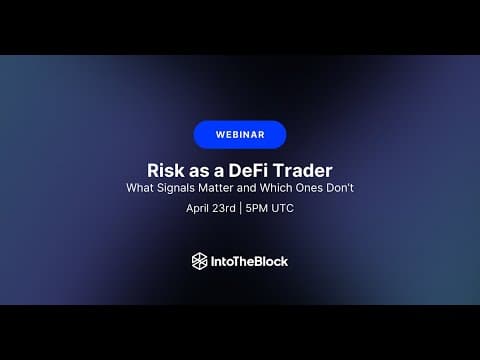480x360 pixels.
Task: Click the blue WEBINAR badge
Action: click(240, 135)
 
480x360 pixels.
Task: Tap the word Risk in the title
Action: click(166, 170)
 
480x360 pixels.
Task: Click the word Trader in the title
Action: click(303, 170)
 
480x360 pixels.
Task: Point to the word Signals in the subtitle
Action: click(176, 188)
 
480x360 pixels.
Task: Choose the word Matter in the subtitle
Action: click(216, 188)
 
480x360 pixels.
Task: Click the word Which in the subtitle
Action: click(275, 188)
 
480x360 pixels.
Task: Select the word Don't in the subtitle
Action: click(340, 188)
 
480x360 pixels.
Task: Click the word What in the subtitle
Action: click(140, 188)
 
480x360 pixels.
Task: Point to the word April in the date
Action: click(197, 209)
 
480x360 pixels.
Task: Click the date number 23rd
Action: click(224, 208)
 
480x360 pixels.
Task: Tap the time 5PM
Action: click(257, 208)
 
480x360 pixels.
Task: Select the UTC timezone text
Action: click(283, 208)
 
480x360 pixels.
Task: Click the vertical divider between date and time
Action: click(241, 208)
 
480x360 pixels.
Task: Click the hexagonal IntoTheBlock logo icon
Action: click(200, 261)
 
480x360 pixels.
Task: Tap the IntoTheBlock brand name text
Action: click(249, 261)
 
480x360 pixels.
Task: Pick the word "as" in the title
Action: click(199, 172)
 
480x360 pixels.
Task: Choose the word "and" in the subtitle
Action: click(246, 188)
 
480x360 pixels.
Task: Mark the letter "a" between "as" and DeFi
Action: click(219, 172)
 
